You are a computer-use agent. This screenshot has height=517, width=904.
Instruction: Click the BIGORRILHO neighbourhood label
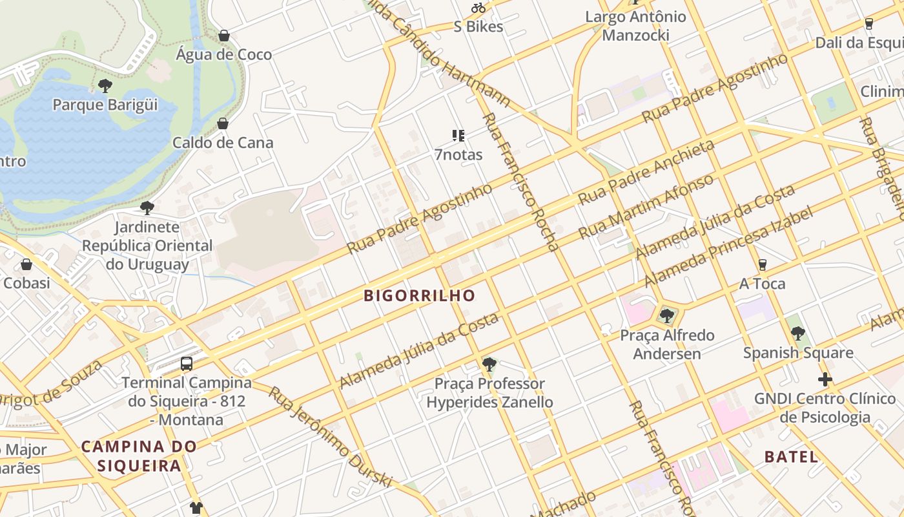pos(420,296)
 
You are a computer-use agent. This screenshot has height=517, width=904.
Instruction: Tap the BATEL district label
pos(791,457)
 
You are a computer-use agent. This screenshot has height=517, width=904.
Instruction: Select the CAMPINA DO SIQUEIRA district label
pos(139,456)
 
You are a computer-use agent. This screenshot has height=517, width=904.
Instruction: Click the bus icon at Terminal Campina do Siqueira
pos(187,363)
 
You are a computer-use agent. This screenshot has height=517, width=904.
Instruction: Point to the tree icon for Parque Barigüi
pos(105,85)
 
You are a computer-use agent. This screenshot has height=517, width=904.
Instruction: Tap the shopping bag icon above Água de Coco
pos(223,36)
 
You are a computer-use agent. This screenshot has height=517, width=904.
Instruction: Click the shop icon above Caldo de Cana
pos(223,123)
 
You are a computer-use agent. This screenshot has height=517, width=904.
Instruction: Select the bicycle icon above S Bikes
pos(478,8)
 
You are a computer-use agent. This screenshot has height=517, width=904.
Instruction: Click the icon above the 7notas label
pos(458,136)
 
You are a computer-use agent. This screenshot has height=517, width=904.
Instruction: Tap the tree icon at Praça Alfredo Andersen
pos(666,316)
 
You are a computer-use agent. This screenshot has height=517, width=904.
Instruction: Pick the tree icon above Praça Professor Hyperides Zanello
pos(489,364)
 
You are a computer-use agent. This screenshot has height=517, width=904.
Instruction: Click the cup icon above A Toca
pos(762,265)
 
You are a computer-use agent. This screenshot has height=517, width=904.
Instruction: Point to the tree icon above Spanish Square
pos(798,334)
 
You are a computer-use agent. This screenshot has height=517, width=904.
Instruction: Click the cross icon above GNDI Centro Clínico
pos(825,379)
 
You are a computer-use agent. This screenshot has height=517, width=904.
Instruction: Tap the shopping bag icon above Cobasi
pos(26,264)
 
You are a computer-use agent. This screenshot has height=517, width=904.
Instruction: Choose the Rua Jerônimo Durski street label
pos(330,437)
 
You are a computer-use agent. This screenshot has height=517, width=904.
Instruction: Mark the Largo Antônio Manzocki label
pos(635,26)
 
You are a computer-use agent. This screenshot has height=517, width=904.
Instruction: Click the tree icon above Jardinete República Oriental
pos(147,208)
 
